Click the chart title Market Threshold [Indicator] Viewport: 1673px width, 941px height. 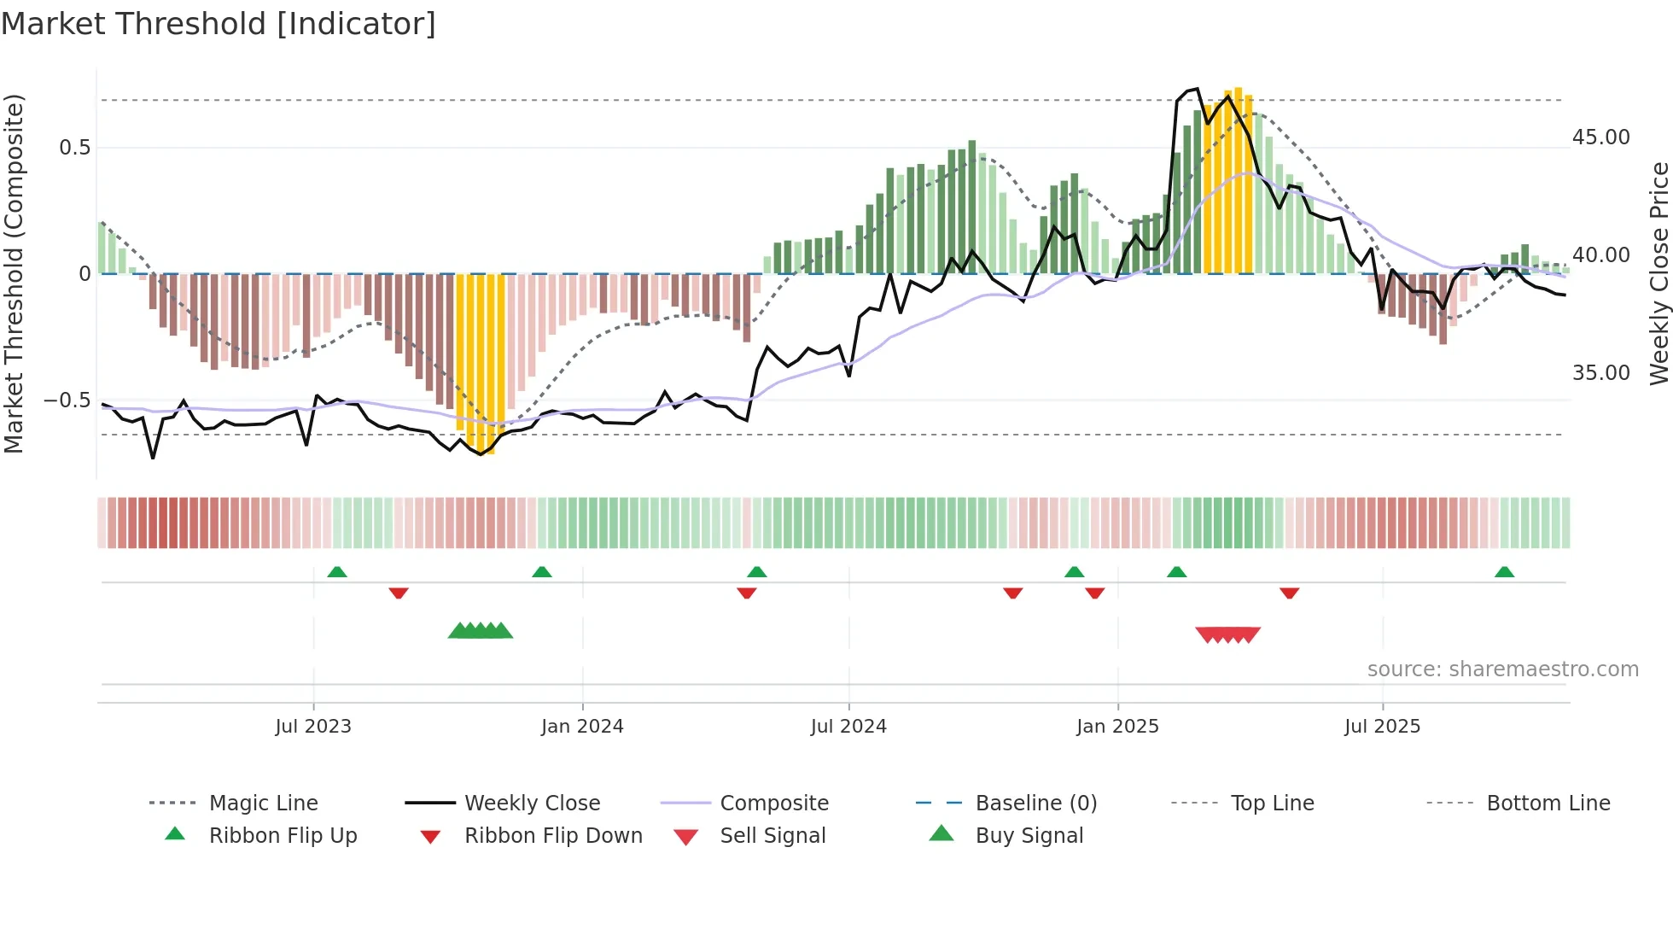pos(219,24)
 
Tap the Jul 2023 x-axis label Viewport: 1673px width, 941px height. pos(313,727)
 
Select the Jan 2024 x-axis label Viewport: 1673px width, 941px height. pos(582,727)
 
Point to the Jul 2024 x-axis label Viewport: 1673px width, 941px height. pos(848,727)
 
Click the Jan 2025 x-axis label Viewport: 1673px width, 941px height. pos(1117,727)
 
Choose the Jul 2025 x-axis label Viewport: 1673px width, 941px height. pos(1382,727)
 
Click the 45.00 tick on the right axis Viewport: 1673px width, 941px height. pos(1600,137)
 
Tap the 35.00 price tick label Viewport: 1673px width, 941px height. pos(1600,373)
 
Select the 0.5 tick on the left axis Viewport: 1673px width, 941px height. pos(74,148)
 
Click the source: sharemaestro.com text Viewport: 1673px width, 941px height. pos(1502,669)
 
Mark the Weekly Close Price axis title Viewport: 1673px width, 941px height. pos(1658,273)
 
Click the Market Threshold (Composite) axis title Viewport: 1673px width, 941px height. pos(14,273)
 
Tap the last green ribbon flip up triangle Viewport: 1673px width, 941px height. pos(1504,572)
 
